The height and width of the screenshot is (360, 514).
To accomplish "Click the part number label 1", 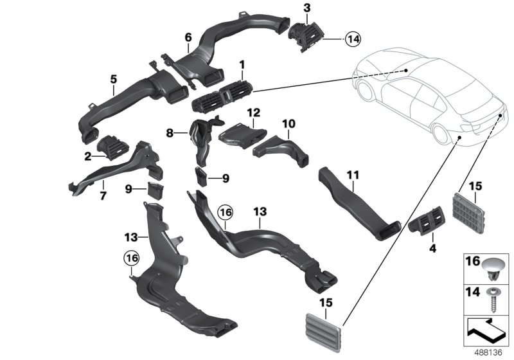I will (x=242, y=65).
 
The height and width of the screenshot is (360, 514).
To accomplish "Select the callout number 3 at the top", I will (x=306, y=8).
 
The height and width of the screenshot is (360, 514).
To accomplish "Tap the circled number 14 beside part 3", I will (x=352, y=39).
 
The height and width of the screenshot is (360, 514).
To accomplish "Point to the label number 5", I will (x=113, y=80).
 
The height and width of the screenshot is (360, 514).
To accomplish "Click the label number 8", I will (x=170, y=134).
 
